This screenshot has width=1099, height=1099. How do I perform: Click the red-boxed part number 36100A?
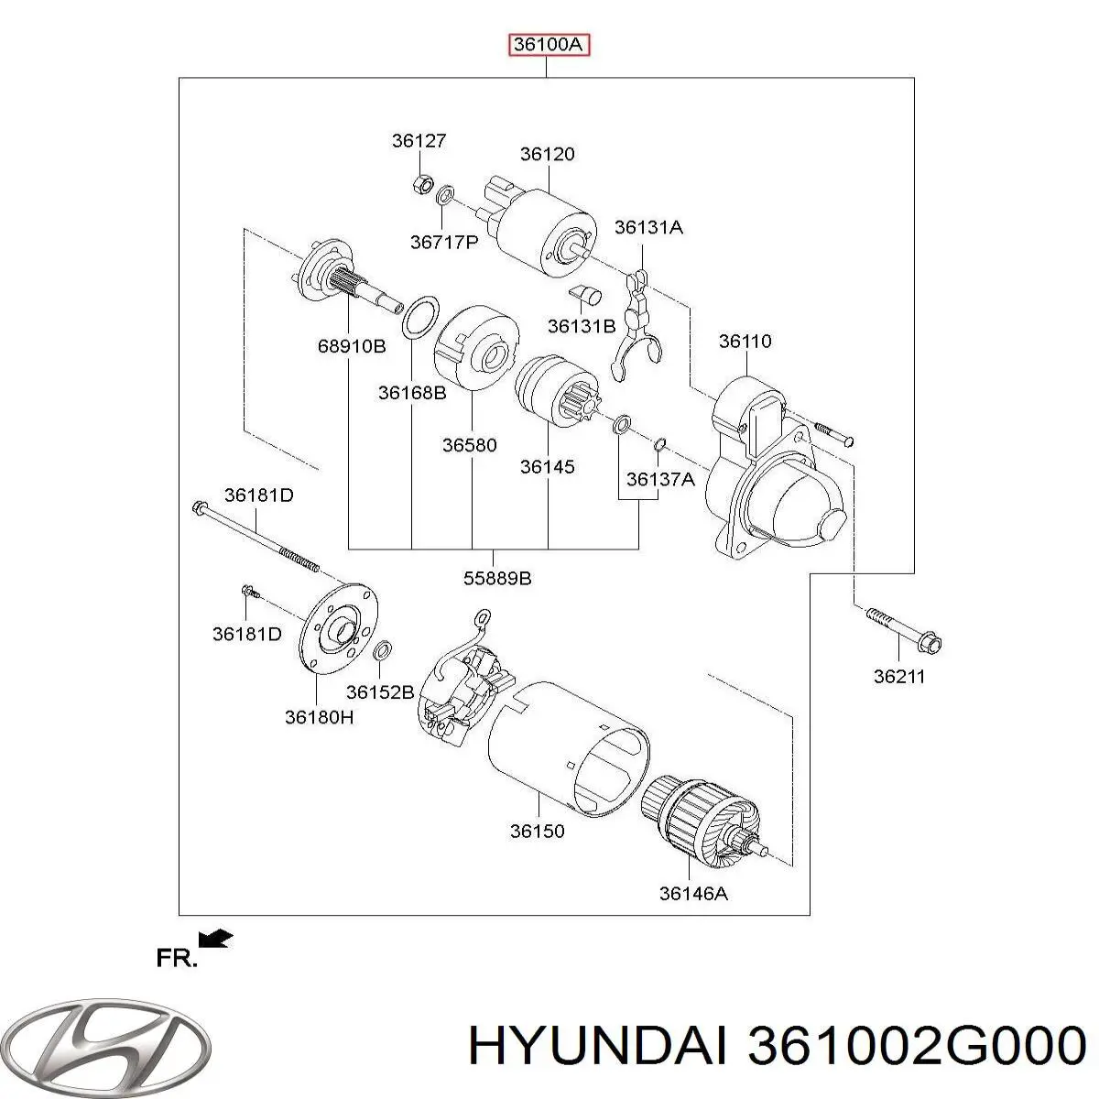click(549, 45)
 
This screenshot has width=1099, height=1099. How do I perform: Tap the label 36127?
click(419, 141)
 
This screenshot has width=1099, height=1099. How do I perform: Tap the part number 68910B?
click(352, 346)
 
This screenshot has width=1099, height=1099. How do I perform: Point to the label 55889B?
click(496, 578)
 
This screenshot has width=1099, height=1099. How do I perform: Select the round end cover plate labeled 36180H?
click(339, 632)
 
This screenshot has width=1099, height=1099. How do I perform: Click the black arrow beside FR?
click(216, 938)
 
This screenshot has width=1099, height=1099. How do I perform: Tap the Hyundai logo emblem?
click(106, 1044)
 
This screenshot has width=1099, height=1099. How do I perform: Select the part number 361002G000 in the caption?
click(917, 1046)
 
